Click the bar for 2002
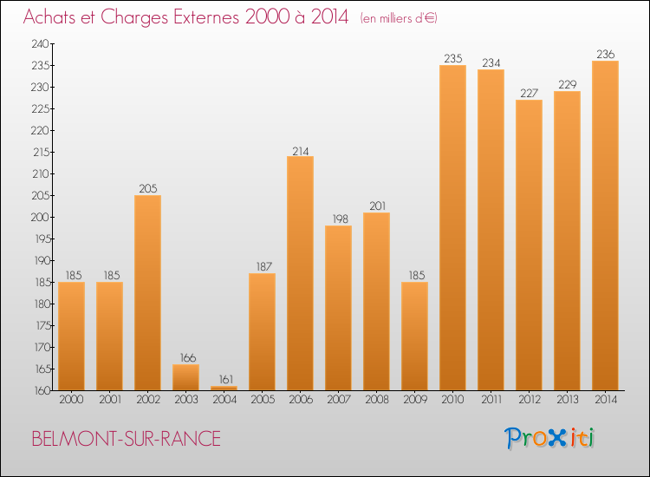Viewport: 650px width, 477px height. coord(147,292)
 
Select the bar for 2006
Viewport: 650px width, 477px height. coord(300,273)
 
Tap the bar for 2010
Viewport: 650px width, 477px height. coord(452,227)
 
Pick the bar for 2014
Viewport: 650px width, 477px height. coord(605,225)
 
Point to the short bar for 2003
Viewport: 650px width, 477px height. coord(185,377)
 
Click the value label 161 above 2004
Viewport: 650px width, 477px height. coord(224,379)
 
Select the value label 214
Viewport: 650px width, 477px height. coord(300,149)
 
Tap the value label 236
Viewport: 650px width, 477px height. coord(605,54)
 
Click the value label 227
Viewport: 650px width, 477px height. coord(529,93)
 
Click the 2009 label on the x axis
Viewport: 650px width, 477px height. coord(414,400)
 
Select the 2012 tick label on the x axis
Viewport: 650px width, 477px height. coord(529,400)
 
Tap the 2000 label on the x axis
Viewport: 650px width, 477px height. coord(71,400)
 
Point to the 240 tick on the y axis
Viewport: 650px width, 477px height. coord(41,43)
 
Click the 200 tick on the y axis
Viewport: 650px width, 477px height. coord(41,217)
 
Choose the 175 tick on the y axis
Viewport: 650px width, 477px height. coord(41,325)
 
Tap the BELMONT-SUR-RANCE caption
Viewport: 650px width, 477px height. coord(126,439)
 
